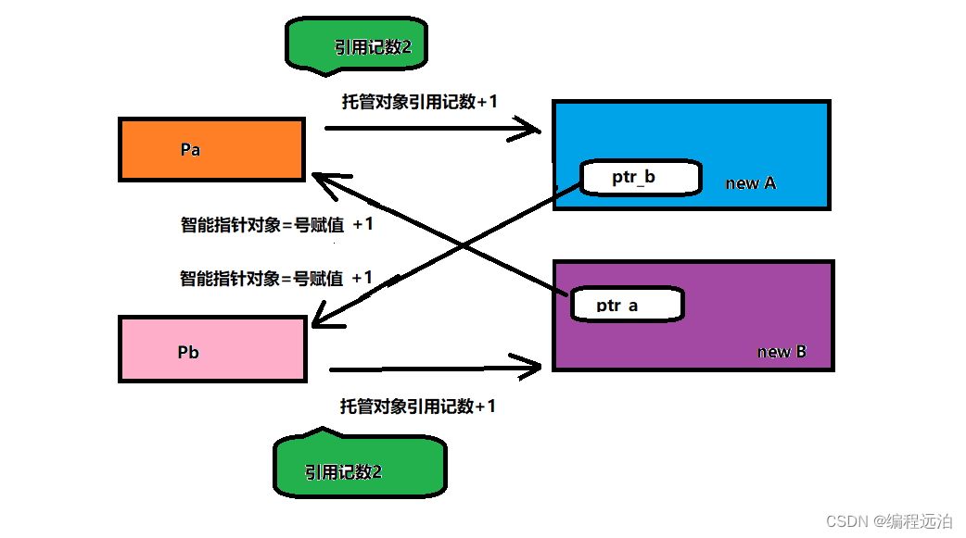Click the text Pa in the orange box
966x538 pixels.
click(x=190, y=149)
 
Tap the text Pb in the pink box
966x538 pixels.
click(x=188, y=352)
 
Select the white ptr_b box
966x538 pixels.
click(x=640, y=178)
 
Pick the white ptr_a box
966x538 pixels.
click(x=627, y=305)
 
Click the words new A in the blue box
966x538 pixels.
click(x=750, y=183)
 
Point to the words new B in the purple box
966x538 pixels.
click(x=782, y=352)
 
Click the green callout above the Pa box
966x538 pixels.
click(x=357, y=47)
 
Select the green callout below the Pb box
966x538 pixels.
click(x=360, y=470)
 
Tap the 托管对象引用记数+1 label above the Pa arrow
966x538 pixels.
click(x=419, y=102)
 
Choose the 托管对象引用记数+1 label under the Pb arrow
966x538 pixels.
click(x=417, y=406)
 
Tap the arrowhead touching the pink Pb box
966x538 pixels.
click(x=321, y=321)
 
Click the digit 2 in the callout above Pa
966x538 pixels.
click(x=405, y=47)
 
